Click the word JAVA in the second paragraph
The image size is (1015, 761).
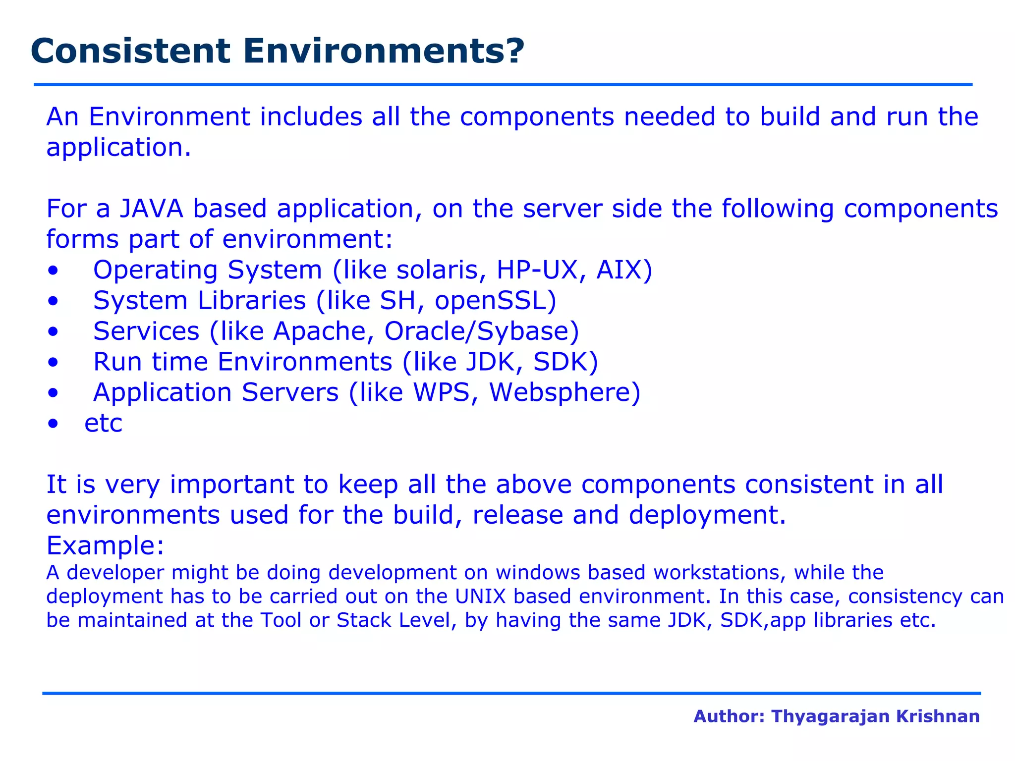[151, 209]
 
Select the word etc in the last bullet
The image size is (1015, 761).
[103, 424]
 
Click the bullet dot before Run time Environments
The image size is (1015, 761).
[53, 363]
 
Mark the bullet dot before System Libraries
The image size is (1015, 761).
[53, 301]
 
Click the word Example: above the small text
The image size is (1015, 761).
[105, 545]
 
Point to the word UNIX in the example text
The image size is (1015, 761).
[480, 597]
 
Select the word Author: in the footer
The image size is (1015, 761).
[729, 716]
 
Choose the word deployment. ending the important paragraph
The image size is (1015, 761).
[707, 515]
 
